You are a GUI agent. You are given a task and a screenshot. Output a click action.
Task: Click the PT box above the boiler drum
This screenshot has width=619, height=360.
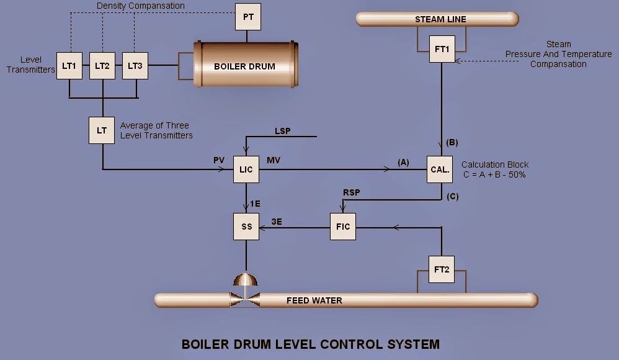[x=248, y=17]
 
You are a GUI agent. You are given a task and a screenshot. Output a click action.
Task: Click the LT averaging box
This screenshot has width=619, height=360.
[x=102, y=130]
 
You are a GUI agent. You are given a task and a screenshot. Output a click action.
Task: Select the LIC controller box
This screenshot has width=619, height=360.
[x=246, y=169]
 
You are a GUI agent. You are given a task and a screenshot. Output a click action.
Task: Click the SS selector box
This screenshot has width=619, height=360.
[x=246, y=227]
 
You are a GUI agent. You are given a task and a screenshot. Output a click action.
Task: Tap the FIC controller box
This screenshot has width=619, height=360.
[x=343, y=227]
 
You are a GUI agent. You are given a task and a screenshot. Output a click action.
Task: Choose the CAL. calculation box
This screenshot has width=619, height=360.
[x=441, y=169]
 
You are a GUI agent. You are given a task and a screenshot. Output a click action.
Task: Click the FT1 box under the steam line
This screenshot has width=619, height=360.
[x=442, y=49]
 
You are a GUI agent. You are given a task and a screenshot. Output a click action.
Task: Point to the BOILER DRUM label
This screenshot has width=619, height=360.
[x=244, y=66]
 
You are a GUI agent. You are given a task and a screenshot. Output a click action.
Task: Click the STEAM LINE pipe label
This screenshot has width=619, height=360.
[x=440, y=19]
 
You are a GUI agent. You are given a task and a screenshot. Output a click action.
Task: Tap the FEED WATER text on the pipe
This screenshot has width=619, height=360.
[x=314, y=300]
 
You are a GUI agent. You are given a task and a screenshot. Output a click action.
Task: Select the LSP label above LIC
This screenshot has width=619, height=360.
[x=282, y=131]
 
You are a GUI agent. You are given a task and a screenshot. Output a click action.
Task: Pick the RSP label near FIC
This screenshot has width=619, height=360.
[x=351, y=194]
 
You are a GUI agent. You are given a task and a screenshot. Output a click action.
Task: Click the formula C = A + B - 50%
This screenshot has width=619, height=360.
[x=494, y=174]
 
